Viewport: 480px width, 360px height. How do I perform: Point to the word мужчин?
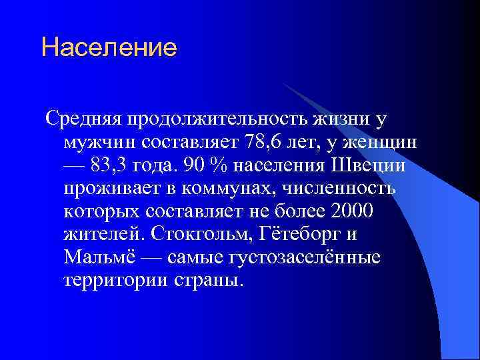99,142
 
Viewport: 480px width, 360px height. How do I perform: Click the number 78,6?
267,142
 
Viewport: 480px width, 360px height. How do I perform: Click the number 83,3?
117,165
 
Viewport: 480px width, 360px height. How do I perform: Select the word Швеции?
369,165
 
